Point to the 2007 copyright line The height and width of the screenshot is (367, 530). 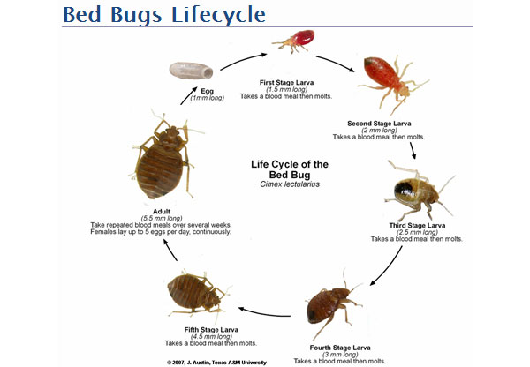(x=216, y=362)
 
